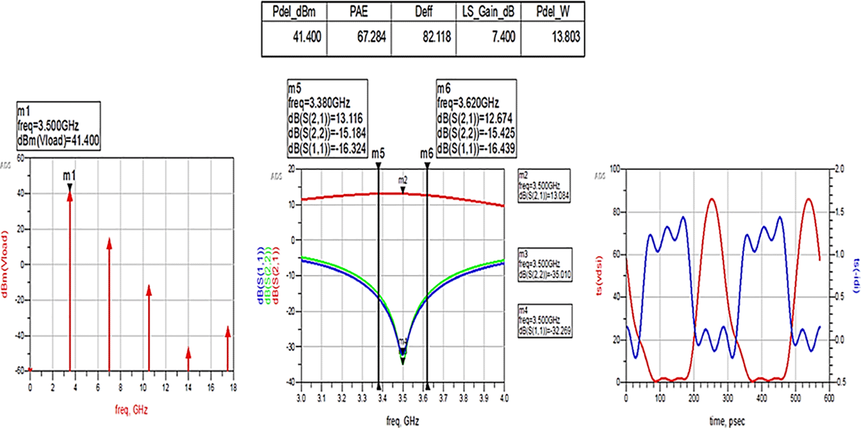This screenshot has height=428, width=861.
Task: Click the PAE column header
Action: click(358, 11)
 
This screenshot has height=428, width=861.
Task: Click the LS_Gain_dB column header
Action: click(488, 11)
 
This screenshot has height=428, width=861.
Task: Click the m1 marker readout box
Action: click(58, 126)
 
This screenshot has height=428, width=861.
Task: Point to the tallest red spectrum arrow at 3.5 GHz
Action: click(70, 281)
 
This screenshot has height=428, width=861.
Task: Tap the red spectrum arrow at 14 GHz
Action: click(188, 359)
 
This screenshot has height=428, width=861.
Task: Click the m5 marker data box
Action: click(327, 118)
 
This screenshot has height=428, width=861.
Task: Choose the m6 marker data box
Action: click(476, 118)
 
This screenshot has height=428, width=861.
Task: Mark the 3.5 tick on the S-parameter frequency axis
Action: click(402, 398)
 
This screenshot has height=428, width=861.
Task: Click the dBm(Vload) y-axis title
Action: click(5, 265)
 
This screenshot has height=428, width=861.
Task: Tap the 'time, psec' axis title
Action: click(727, 421)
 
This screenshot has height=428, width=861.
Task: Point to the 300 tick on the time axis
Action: click(728, 398)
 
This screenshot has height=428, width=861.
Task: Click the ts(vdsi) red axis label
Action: click(600, 276)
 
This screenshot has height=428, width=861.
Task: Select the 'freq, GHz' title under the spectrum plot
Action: click(131, 410)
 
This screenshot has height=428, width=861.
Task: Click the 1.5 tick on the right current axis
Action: click(839, 212)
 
